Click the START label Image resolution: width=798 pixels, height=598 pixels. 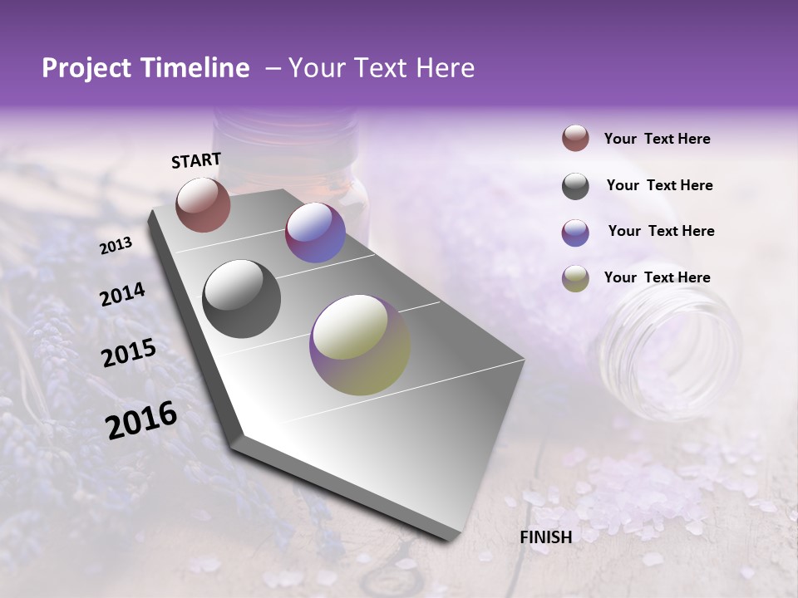click(196, 160)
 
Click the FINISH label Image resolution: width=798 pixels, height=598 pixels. click(545, 537)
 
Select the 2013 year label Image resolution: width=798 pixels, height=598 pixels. click(116, 246)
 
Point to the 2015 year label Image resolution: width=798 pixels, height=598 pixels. click(128, 353)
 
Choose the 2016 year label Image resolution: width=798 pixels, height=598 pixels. click(141, 420)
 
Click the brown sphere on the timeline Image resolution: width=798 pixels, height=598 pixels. click(203, 204)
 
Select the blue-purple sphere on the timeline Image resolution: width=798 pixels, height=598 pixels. click(315, 233)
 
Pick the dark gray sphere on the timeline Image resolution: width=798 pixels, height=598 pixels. click(242, 299)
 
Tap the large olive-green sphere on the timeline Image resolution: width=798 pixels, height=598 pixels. click(359, 345)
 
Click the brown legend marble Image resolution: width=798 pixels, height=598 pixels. click(575, 138)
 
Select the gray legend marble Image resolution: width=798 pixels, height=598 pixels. click(575, 186)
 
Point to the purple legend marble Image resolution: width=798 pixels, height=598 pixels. click(575, 233)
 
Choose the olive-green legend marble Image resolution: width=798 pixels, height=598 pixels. click(575, 278)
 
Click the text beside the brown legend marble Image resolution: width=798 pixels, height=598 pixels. click(657, 139)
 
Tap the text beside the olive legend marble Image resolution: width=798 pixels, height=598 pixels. click(657, 277)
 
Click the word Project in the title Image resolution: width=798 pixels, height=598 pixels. click(86, 68)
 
